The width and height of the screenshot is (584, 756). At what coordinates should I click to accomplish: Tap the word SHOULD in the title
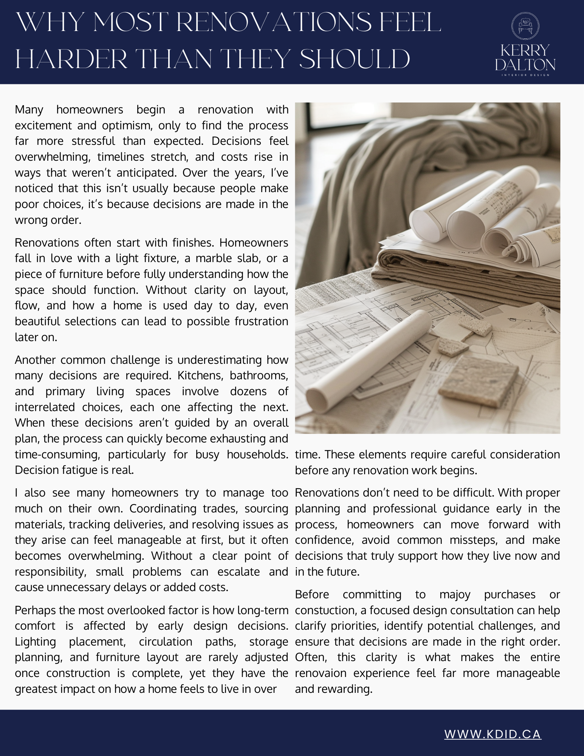355,59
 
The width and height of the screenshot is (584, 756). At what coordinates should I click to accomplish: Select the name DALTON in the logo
525,65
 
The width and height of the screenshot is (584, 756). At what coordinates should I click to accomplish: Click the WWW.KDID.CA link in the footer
493,734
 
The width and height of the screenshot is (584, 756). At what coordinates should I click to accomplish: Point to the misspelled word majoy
455,595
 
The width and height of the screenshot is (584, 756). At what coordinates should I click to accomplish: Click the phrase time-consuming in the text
57,454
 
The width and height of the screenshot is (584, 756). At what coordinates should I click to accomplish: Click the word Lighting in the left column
35,642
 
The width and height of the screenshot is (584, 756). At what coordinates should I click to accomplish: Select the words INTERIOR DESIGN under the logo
525,75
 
